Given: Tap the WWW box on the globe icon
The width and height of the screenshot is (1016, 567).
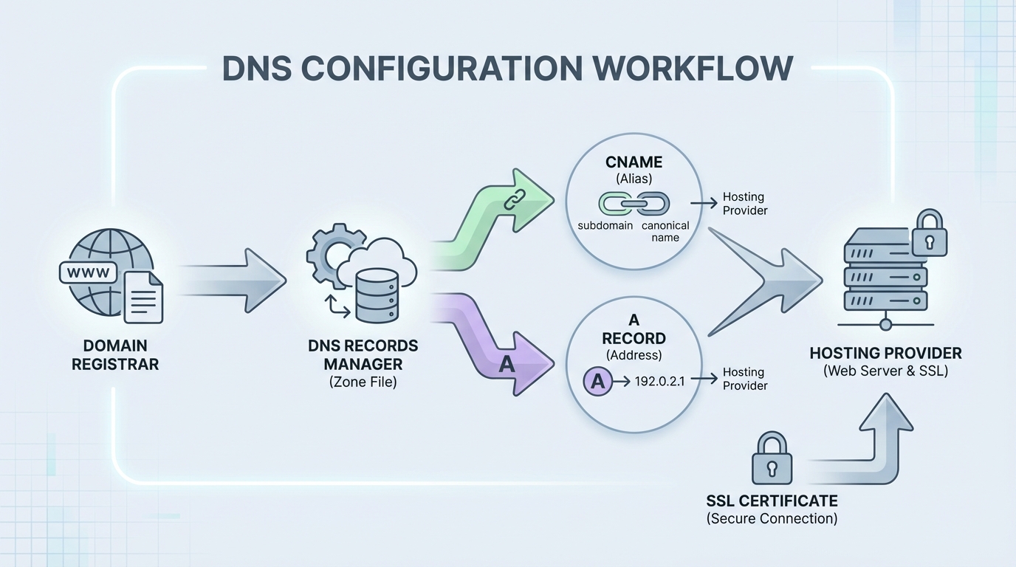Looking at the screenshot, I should pyautogui.click(x=88, y=272).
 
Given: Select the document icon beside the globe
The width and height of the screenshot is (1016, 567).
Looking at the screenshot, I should pyautogui.click(x=143, y=297).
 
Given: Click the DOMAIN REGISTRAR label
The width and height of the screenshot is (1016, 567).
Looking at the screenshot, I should pyautogui.click(x=114, y=354).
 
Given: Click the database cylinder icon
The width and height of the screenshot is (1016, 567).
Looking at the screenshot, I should pyautogui.click(x=376, y=295).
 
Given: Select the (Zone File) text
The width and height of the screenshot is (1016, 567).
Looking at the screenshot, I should pyautogui.click(x=363, y=382).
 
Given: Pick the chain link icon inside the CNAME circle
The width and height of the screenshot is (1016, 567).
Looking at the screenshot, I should pyautogui.click(x=634, y=203).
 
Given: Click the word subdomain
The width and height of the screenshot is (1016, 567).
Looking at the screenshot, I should pyautogui.click(x=605, y=225).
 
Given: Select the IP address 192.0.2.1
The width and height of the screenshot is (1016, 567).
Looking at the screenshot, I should pyautogui.click(x=660, y=382).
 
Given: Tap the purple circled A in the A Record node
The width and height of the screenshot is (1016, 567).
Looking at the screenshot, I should pyautogui.click(x=599, y=382).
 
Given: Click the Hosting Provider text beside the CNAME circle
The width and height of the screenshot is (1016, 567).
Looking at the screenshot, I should pyautogui.click(x=744, y=204).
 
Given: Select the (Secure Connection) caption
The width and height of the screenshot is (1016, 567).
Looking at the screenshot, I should pyautogui.click(x=772, y=519).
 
